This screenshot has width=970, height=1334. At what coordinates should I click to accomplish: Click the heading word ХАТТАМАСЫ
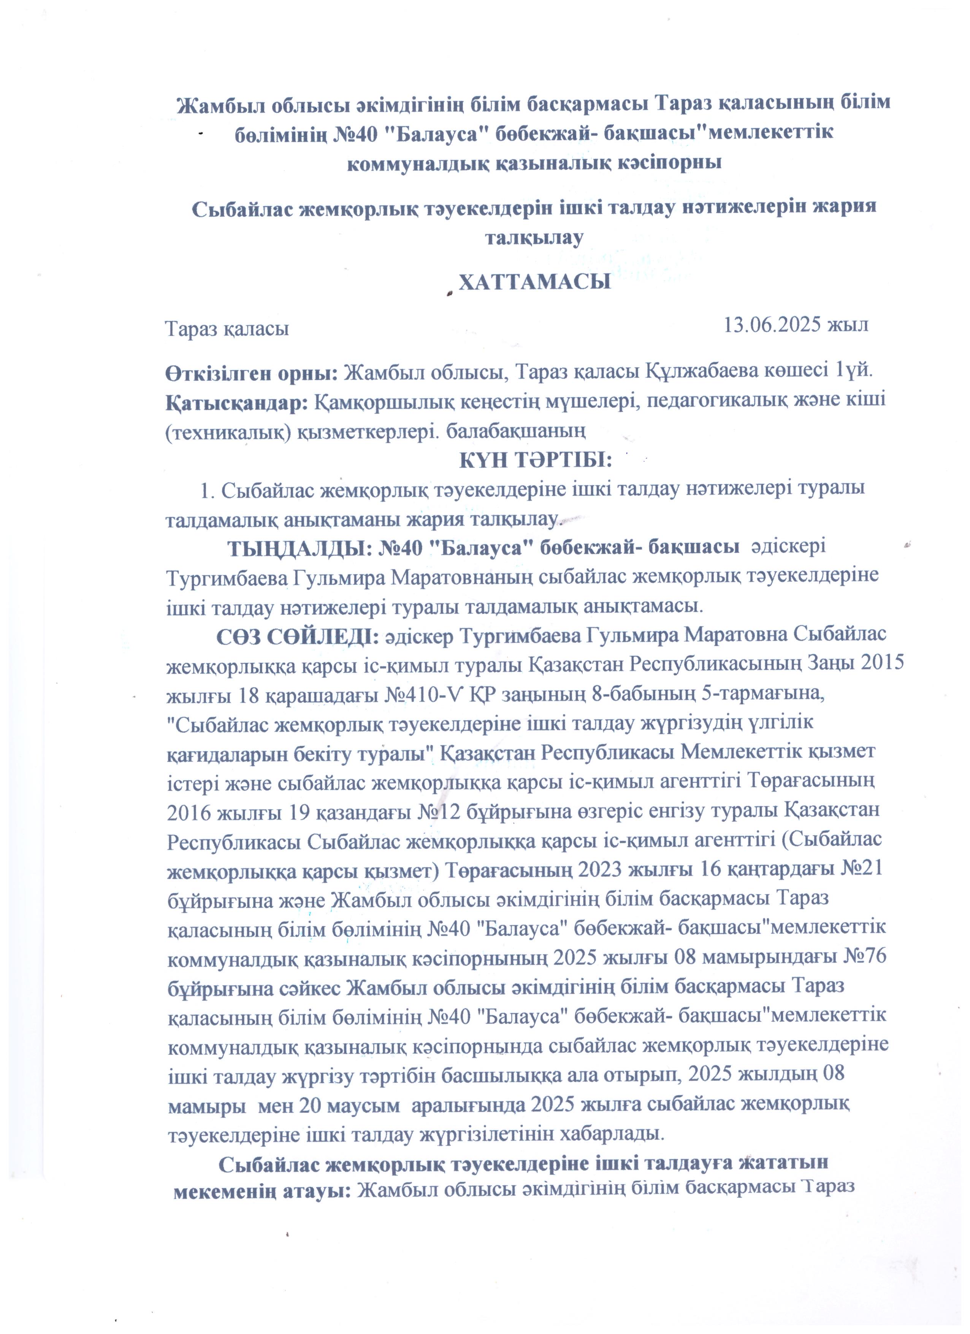tap(534, 282)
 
